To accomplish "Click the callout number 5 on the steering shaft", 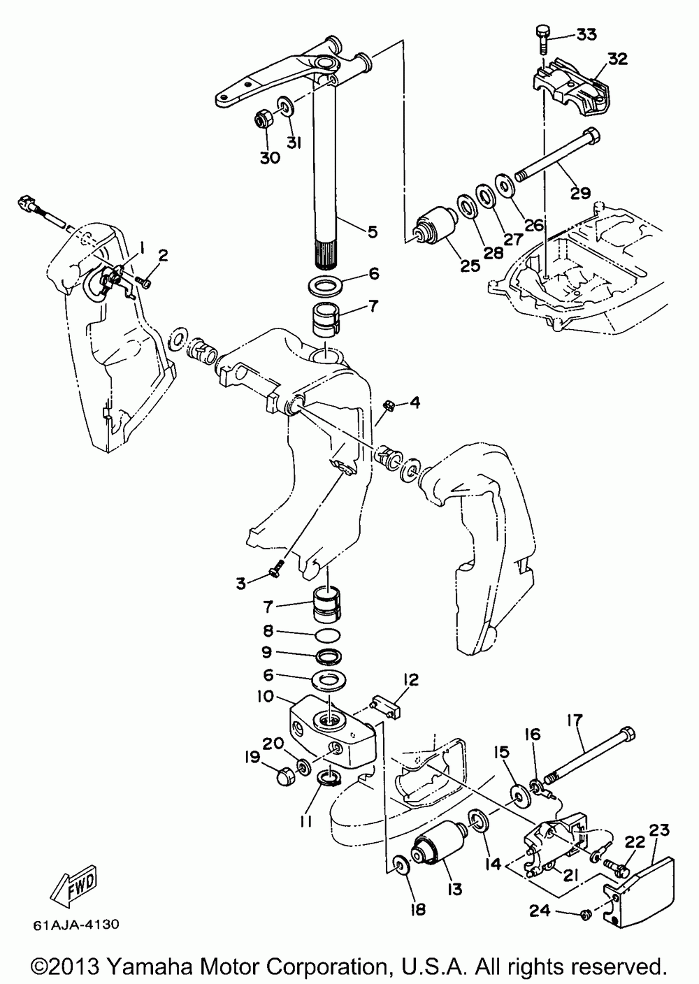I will (x=372, y=231).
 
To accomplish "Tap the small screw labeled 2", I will (x=144, y=282).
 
